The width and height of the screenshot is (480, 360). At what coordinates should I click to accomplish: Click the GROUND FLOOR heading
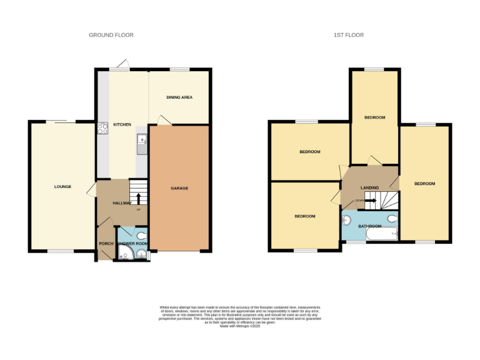coord(111,35)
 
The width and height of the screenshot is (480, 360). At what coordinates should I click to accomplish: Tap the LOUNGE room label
coord(62,186)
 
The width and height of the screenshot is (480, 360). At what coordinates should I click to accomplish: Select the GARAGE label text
coord(179,188)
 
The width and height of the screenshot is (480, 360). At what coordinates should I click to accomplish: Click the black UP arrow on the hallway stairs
coord(138,199)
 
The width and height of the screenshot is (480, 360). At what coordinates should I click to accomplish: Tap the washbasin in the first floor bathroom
coord(346,219)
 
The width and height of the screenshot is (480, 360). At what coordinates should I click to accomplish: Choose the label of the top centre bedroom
coord(374,117)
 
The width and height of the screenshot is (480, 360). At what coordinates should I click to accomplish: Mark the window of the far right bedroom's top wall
coord(425,125)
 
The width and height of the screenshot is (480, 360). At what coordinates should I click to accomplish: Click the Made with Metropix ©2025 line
coord(240,326)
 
